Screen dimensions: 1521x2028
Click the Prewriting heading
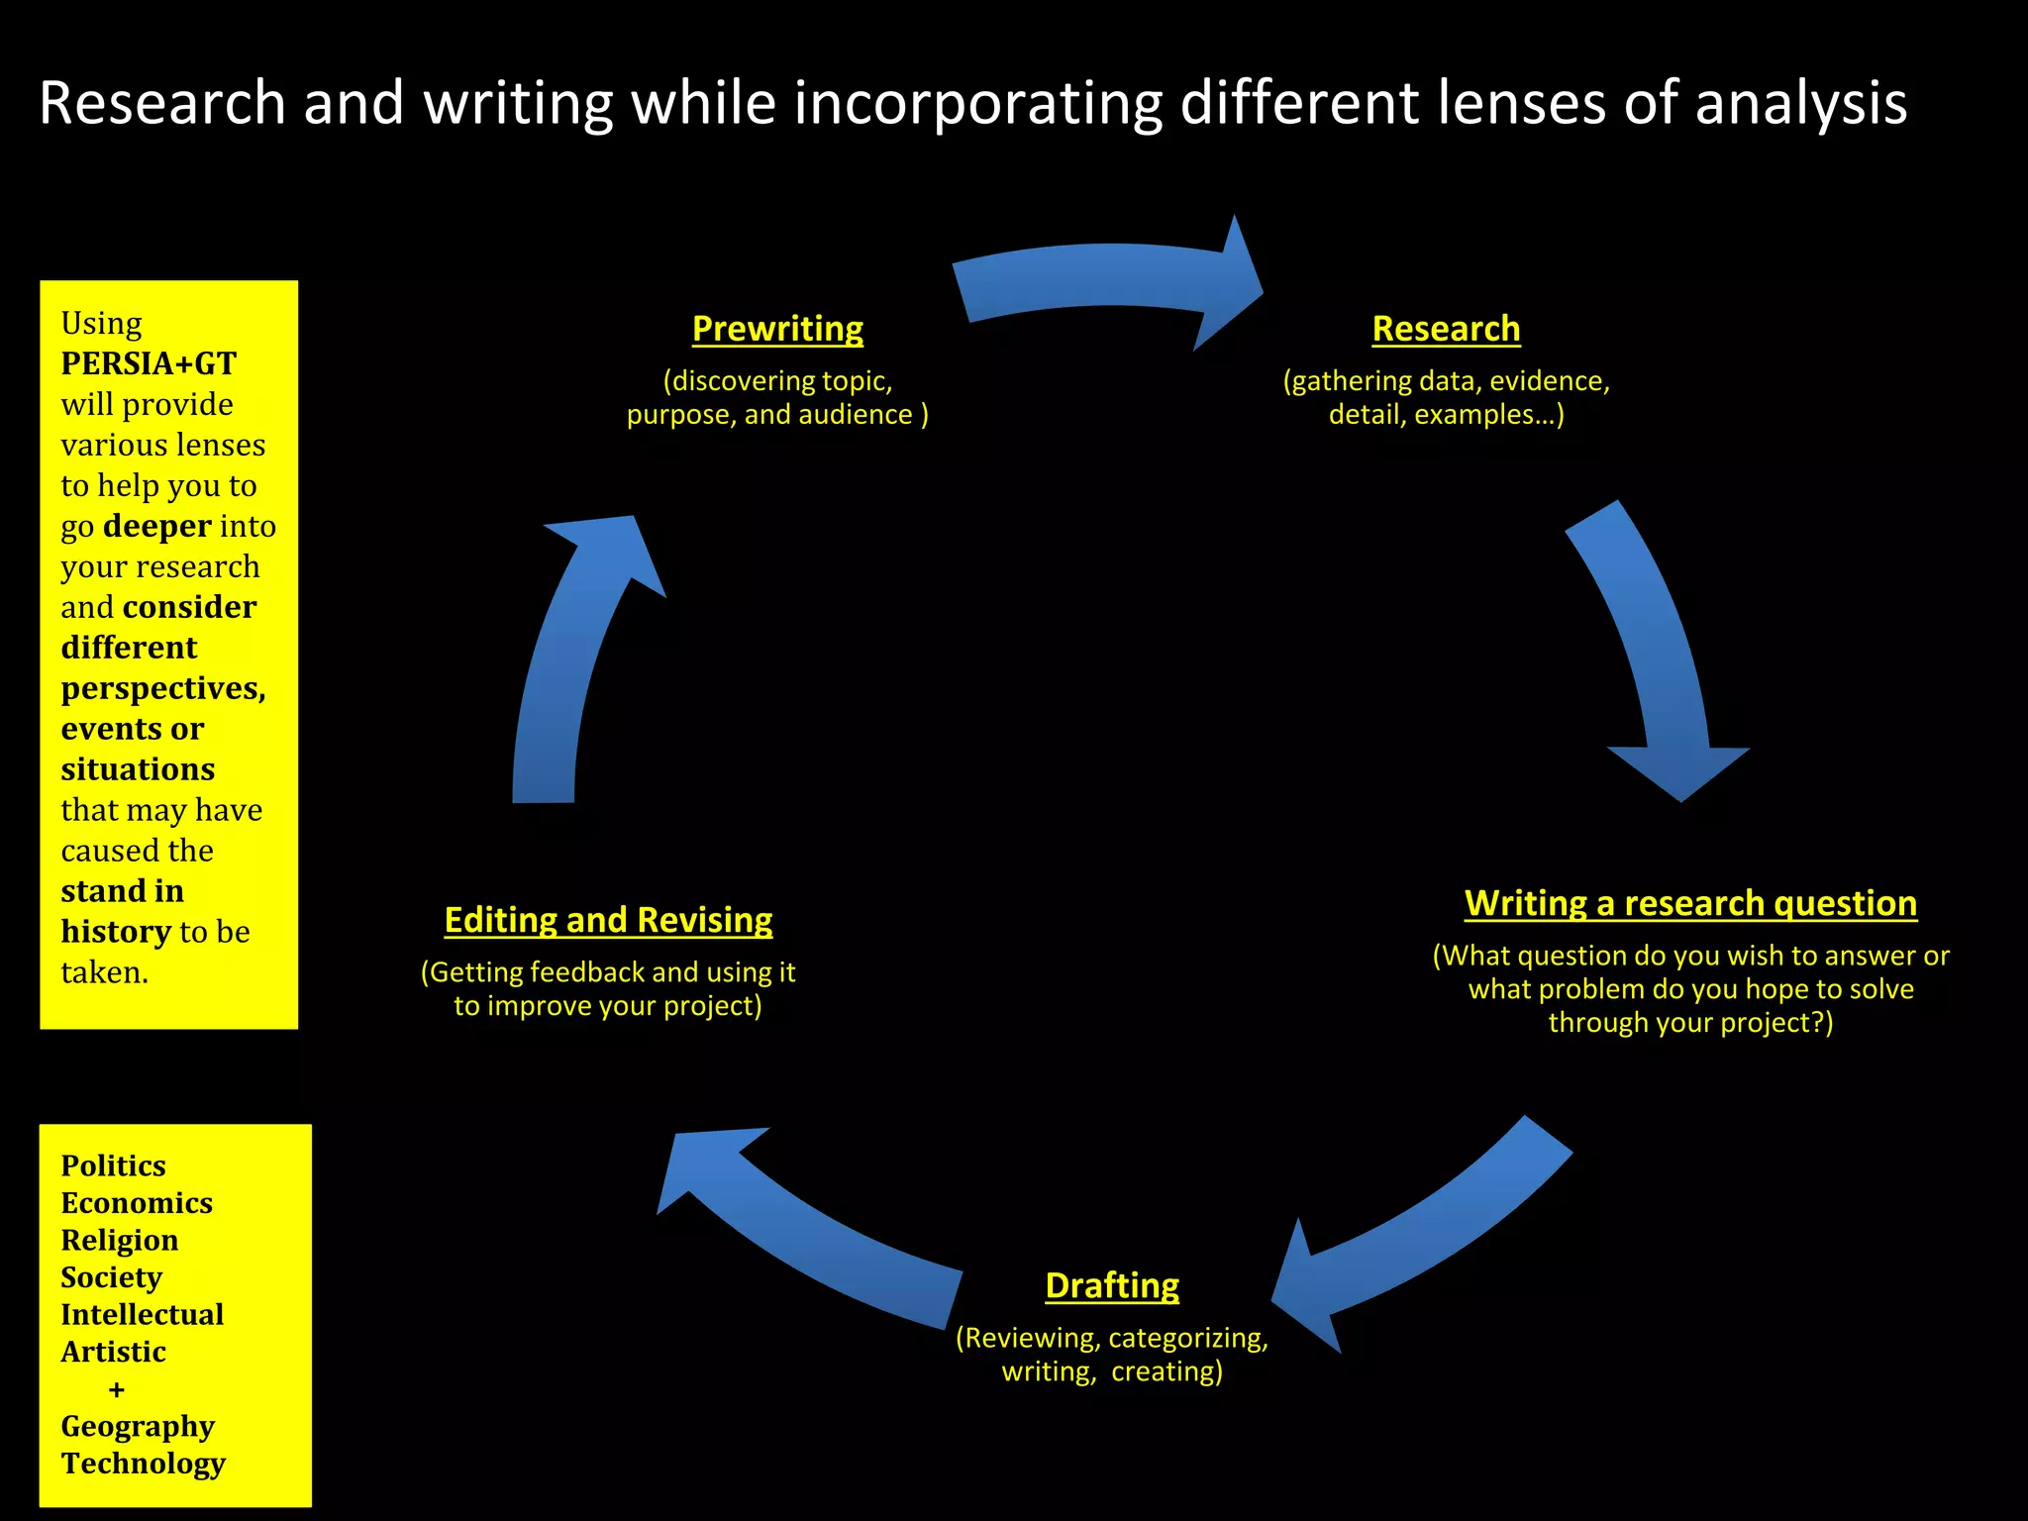point(777,329)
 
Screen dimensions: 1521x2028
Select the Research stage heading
point(1446,329)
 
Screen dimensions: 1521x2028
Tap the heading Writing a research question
point(1690,903)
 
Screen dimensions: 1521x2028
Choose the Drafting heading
point(1112,1285)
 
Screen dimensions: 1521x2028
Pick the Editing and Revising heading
point(608,920)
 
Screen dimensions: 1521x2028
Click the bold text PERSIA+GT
point(149,363)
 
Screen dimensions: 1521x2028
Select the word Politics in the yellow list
point(113,1166)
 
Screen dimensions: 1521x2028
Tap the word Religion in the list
point(120,1240)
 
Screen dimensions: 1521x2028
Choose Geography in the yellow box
point(138,1426)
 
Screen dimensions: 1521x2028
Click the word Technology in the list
point(144,1463)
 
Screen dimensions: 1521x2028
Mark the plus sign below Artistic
point(117,1389)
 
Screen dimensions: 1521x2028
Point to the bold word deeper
point(157,526)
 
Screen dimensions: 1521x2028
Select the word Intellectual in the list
point(143,1314)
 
